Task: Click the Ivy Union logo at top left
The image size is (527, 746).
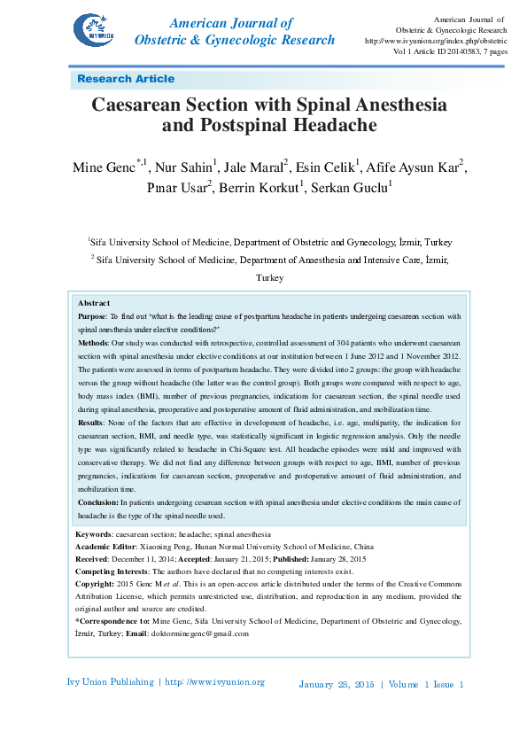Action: [95, 33]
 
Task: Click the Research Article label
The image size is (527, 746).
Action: [126, 79]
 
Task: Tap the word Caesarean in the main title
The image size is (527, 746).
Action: [146, 105]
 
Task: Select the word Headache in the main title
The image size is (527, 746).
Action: [333, 126]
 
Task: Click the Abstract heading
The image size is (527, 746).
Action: [94, 303]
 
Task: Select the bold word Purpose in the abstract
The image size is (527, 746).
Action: [91, 315]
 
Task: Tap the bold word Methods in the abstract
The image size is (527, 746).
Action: [93, 341]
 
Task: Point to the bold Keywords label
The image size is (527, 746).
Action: [94, 535]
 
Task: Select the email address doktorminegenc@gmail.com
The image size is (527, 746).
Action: [200, 633]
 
